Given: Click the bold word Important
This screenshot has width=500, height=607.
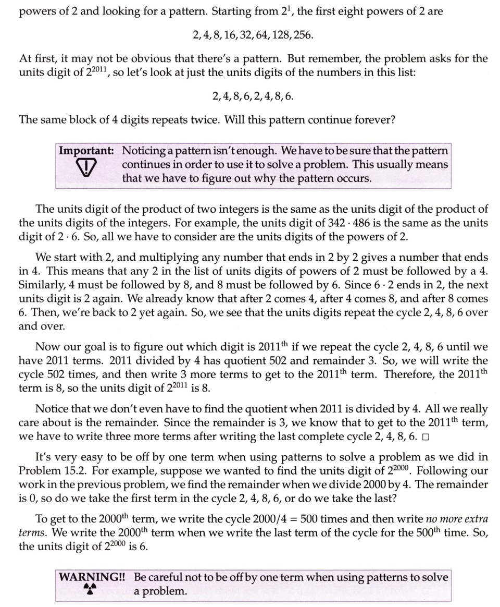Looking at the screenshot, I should click(86, 151).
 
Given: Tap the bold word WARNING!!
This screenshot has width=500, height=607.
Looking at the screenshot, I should click(94, 577).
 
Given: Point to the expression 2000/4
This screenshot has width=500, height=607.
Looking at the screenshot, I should click(248, 519).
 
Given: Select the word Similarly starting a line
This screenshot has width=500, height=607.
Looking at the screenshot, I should click(41, 286).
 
